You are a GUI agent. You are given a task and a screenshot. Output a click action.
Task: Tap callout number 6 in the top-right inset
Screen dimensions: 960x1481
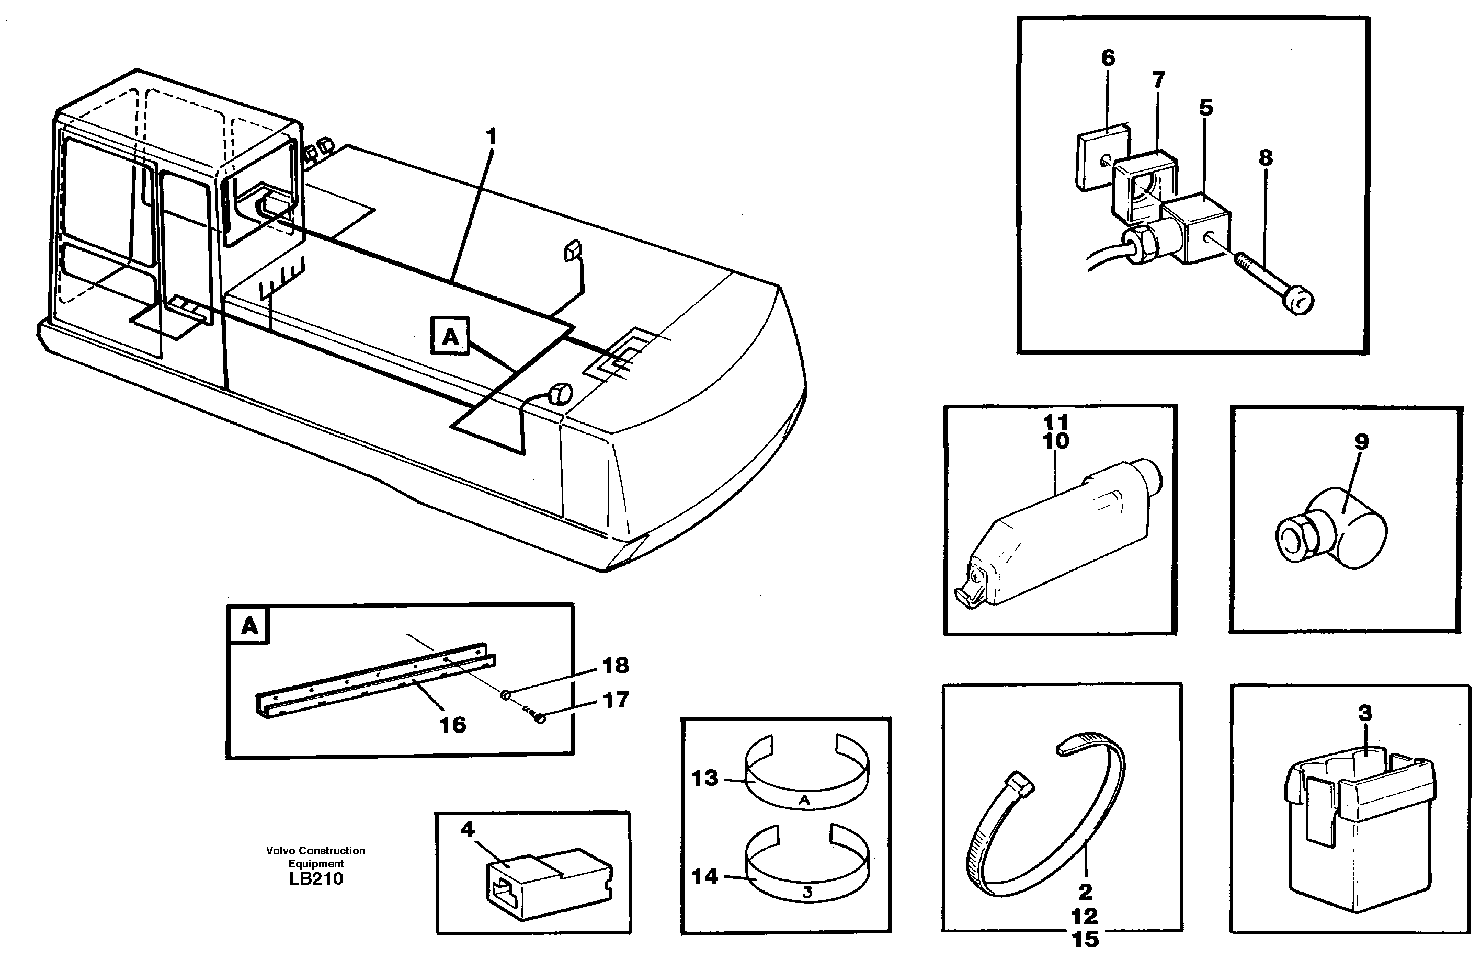tap(1108, 58)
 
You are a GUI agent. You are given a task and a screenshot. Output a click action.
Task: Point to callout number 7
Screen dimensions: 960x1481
tap(1158, 79)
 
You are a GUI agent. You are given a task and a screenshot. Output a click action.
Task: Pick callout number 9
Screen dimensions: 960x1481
tap(1362, 442)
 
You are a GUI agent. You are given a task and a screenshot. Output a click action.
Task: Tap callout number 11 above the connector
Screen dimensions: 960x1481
tap(1055, 422)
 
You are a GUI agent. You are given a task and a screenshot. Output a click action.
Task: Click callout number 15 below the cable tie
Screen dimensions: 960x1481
tap(1085, 939)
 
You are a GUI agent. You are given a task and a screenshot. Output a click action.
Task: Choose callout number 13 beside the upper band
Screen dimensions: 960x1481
tap(704, 778)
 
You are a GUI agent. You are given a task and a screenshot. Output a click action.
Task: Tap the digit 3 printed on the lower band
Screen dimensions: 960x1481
tap(807, 892)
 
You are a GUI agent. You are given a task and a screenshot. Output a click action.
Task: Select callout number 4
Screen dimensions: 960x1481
tap(468, 829)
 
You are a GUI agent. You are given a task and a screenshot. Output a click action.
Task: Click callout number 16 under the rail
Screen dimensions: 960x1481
tap(452, 725)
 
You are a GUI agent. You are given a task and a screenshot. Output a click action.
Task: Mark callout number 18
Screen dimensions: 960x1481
tap(615, 666)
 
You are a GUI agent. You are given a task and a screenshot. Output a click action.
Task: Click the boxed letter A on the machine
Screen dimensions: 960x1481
tap(450, 337)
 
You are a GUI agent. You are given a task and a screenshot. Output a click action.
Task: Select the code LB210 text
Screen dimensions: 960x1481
tap(316, 878)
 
